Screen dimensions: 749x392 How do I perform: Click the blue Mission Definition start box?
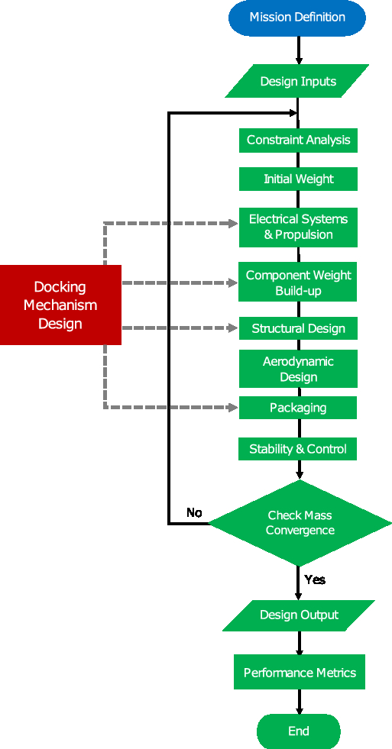(297, 18)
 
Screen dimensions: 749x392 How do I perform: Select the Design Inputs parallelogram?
(297, 81)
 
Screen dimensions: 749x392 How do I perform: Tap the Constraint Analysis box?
(298, 140)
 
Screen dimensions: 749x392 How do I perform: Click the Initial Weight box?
(298, 179)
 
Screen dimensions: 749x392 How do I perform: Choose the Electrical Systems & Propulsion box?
(298, 227)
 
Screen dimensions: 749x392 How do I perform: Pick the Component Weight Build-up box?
(298, 283)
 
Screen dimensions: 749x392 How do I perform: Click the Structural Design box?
(298, 328)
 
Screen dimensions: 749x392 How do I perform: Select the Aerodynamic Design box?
(298, 369)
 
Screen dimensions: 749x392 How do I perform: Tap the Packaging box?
(298, 408)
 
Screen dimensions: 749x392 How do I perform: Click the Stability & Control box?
(298, 449)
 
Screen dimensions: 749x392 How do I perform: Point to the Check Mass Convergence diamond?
(300, 523)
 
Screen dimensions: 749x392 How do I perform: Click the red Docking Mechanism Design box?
(60, 305)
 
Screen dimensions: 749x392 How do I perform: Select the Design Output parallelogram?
(299, 615)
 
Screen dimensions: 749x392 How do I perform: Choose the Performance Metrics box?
(300, 673)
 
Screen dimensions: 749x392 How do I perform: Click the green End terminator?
(298, 731)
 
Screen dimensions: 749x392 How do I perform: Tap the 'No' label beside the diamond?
(194, 512)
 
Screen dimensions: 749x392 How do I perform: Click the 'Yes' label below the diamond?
(315, 580)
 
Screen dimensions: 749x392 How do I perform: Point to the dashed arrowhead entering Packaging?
(233, 408)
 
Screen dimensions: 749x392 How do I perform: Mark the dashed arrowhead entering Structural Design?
(233, 328)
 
